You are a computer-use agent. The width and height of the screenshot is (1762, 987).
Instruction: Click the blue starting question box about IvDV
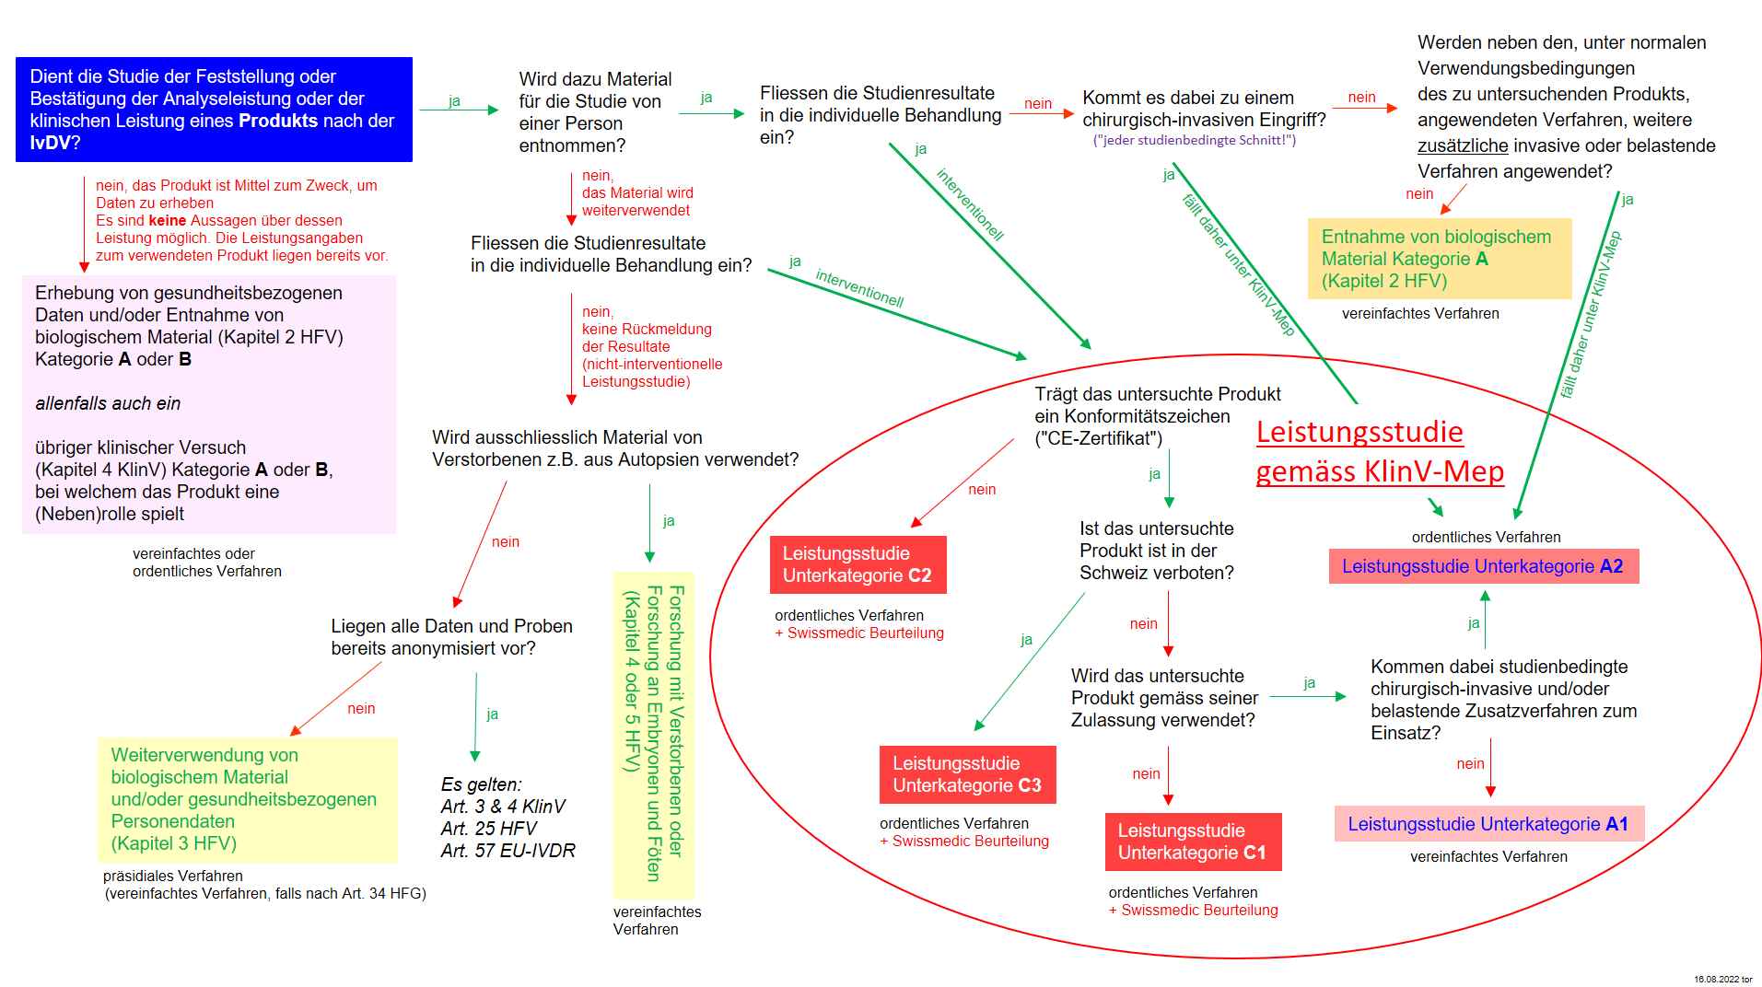(x=214, y=110)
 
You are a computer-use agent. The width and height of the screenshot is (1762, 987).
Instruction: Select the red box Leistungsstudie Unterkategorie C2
(x=858, y=564)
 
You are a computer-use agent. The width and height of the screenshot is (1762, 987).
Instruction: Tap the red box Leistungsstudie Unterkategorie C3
(x=967, y=774)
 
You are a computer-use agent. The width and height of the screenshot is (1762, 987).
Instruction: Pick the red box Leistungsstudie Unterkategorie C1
(x=1193, y=842)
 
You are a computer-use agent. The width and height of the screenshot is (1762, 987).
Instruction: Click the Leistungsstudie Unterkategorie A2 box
(x=1483, y=566)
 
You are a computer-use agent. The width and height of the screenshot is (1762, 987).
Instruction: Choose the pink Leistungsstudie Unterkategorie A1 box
(x=1488, y=824)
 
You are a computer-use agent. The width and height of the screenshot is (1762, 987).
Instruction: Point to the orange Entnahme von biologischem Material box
(x=1439, y=259)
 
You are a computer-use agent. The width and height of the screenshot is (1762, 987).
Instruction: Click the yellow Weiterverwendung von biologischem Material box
(x=247, y=799)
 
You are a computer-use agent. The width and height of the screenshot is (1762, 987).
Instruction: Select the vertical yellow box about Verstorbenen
(x=653, y=734)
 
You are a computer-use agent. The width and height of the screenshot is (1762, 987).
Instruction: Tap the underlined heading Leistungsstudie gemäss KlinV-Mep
(x=1379, y=452)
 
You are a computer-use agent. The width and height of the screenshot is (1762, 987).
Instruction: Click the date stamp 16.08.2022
(x=1722, y=980)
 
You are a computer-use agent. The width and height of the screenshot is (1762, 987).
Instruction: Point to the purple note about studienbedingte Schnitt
(x=1194, y=140)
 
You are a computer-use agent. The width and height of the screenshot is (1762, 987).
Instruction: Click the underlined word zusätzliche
(x=1462, y=145)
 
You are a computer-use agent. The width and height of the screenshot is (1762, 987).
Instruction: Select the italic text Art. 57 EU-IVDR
(x=508, y=851)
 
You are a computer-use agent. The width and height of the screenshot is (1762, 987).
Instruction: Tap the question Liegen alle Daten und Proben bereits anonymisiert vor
(x=451, y=637)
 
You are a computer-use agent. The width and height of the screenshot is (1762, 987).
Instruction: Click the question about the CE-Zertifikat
(x=1157, y=416)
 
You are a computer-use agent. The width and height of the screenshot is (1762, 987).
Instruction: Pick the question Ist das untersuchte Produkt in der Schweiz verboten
(x=1156, y=551)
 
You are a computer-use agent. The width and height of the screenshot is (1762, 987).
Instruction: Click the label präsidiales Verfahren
(x=173, y=876)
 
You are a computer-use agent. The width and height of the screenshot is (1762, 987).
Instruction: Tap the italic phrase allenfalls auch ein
(x=108, y=403)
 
